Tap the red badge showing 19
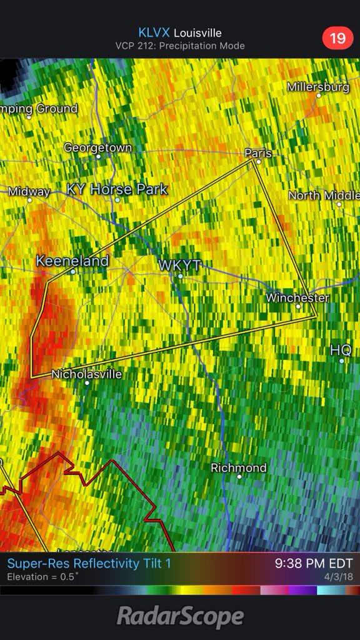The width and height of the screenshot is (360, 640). coord(337,38)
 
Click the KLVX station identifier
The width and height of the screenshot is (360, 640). coord(154,33)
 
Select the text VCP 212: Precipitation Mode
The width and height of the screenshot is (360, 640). coord(180,46)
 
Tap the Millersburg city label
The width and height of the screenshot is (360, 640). coord(318,87)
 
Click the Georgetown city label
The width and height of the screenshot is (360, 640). coord(97,148)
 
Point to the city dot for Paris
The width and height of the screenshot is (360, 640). coord(258,161)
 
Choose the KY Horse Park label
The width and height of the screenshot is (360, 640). coord(117,189)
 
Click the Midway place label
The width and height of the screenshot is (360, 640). coord(29,192)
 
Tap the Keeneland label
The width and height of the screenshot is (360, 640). coord(72,261)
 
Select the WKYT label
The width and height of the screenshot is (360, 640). coord(179,266)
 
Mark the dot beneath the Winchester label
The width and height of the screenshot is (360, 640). coord(298,306)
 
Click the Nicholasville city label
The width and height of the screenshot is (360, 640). coord(86,374)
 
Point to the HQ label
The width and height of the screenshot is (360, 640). coord(341,350)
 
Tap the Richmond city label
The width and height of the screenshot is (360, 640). coord(239,467)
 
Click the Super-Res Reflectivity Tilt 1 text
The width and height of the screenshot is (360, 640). coord(89,564)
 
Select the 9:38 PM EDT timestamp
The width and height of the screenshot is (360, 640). coord(314,564)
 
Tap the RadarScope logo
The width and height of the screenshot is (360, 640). coord(180,617)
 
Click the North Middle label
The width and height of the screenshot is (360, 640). coord(324,196)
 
